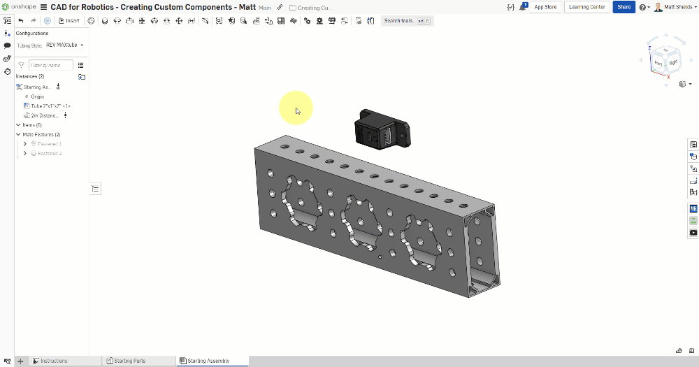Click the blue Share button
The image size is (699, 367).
[x=624, y=7]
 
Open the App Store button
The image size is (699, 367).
[x=545, y=7]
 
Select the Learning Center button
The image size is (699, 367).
[x=587, y=7]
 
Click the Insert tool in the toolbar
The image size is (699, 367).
[x=69, y=21]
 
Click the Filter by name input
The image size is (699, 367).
[x=50, y=65]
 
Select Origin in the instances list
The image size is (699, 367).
[x=38, y=96]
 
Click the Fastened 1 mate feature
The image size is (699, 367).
[x=50, y=144]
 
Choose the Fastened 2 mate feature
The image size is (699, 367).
[x=50, y=153]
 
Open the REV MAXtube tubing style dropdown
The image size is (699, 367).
[x=64, y=45]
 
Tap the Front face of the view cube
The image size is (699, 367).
[x=658, y=63]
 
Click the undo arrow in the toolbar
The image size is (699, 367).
[x=21, y=21]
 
